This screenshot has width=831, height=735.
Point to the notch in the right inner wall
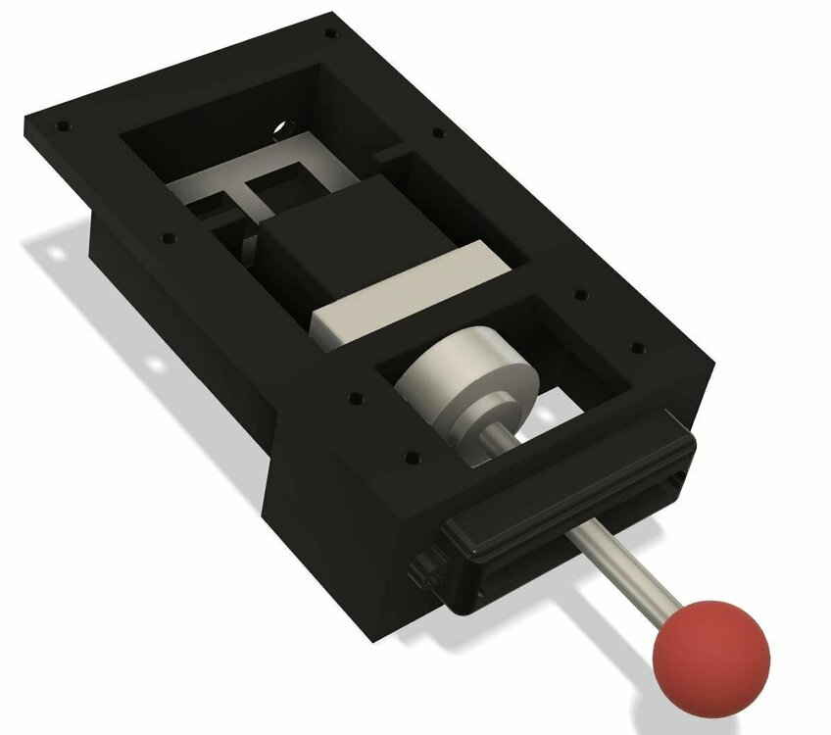[387, 154]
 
